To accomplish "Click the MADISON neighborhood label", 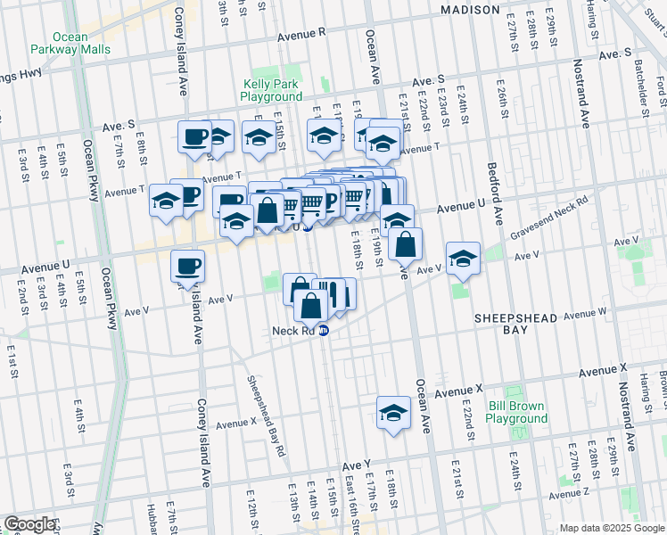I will pos(471,10).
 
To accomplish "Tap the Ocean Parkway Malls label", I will pos(70,44).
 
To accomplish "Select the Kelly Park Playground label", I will pos(273,90).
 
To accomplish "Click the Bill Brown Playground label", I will pos(517,412).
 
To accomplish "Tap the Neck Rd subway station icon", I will pos(324,330).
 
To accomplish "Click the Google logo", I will pos(29,524).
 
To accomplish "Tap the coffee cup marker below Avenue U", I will pos(188,266).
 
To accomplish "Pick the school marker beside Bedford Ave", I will pos(463,259).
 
